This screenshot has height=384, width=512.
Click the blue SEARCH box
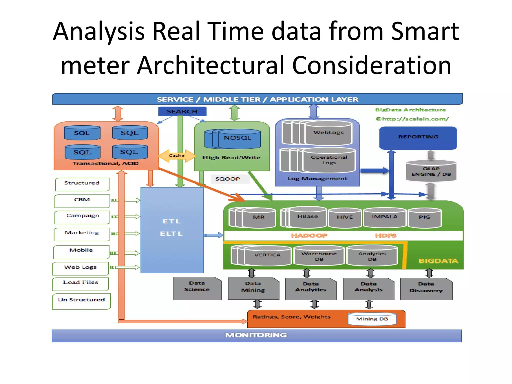click(182, 111)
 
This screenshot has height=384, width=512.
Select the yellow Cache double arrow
click(177, 155)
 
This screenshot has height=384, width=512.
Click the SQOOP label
click(228, 179)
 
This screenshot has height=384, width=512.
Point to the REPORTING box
click(418, 138)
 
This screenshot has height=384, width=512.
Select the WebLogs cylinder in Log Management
click(328, 133)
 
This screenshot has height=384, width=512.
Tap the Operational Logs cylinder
click(329, 160)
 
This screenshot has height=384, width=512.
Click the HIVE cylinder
click(344, 217)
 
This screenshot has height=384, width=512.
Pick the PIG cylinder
click(424, 217)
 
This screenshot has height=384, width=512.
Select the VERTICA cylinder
click(267, 255)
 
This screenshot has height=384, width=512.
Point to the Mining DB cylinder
click(372, 319)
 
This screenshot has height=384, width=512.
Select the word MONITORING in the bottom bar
click(256, 335)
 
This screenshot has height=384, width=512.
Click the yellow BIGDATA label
click(438, 261)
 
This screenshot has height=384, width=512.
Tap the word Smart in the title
click(425, 31)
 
